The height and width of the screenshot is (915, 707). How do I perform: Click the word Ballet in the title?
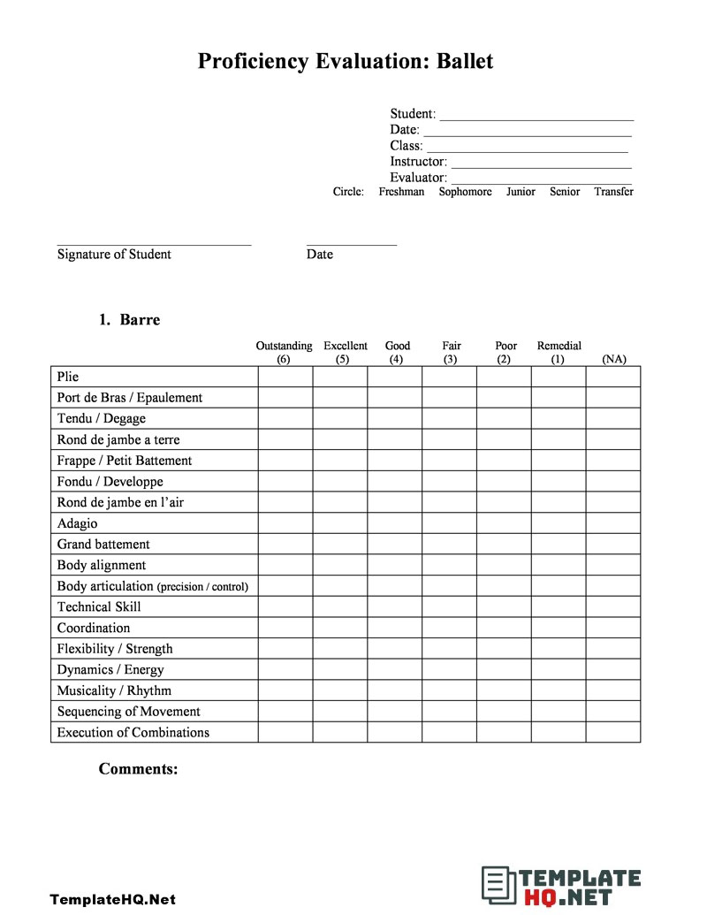pyautogui.click(x=460, y=61)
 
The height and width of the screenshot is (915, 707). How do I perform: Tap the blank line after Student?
pyautogui.click(x=536, y=114)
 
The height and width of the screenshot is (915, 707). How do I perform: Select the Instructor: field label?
pyautogui.click(x=418, y=162)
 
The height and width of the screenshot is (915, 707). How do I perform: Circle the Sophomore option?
pyautogui.click(x=465, y=192)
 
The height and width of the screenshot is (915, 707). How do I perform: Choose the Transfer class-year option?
pyautogui.click(x=613, y=192)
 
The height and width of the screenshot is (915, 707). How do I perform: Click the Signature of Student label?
pyautogui.click(x=114, y=255)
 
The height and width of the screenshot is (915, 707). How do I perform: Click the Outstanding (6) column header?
pyautogui.click(x=284, y=353)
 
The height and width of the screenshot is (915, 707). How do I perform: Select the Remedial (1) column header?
pyautogui.click(x=559, y=353)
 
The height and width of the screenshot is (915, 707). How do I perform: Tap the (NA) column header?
pyautogui.click(x=613, y=359)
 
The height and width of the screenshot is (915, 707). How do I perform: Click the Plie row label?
pyautogui.click(x=68, y=377)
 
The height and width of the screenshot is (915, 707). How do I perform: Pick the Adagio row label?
pyautogui.click(x=78, y=523)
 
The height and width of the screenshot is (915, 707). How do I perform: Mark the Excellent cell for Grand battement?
pyautogui.click(x=340, y=545)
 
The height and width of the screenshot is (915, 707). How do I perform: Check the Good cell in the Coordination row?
pyautogui.click(x=395, y=628)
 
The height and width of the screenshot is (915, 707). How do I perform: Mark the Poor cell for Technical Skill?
pyautogui.click(x=504, y=606)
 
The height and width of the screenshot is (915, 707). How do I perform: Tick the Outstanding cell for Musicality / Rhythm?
pyautogui.click(x=285, y=690)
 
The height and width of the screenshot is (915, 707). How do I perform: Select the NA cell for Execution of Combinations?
pyautogui.click(x=613, y=732)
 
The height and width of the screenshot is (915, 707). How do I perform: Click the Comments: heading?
pyautogui.click(x=139, y=769)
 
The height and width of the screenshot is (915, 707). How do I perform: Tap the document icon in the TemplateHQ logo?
pyautogui.click(x=498, y=886)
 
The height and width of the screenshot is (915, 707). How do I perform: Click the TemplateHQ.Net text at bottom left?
pyautogui.click(x=112, y=900)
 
